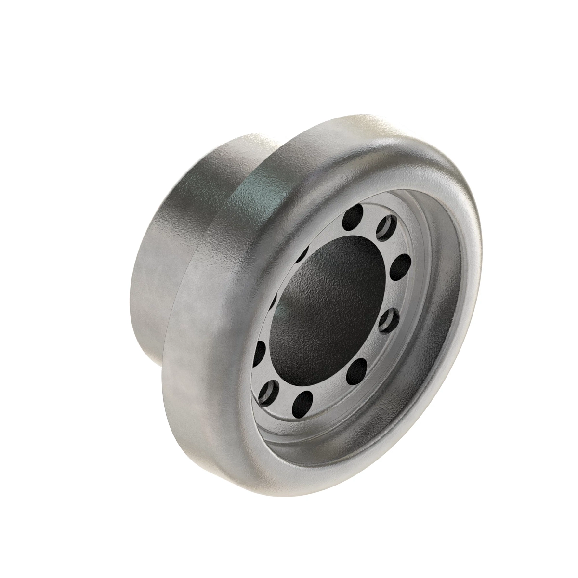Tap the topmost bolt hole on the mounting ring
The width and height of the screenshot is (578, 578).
pyautogui.click(x=357, y=213)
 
